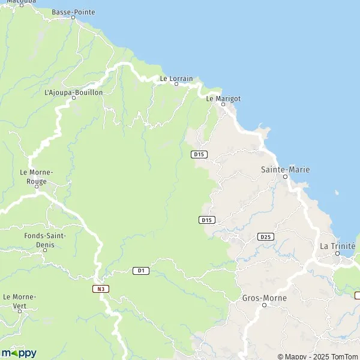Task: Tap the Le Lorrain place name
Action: point(176,78)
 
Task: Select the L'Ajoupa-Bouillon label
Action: point(74,92)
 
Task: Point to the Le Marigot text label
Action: point(223,98)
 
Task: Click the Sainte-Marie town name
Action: point(285,170)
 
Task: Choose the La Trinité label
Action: point(337,246)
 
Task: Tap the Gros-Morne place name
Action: point(264,298)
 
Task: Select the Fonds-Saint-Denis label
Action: point(45,239)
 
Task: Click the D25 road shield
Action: point(265,237)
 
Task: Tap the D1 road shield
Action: point(140,271)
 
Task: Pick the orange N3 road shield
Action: point(100,289)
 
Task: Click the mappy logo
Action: point(19,353)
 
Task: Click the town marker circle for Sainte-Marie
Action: point(286,177)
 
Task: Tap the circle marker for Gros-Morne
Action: point(264,305)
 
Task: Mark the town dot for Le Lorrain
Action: point(176,84)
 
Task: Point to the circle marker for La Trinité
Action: point(337,253)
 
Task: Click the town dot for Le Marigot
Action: point(223,104)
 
